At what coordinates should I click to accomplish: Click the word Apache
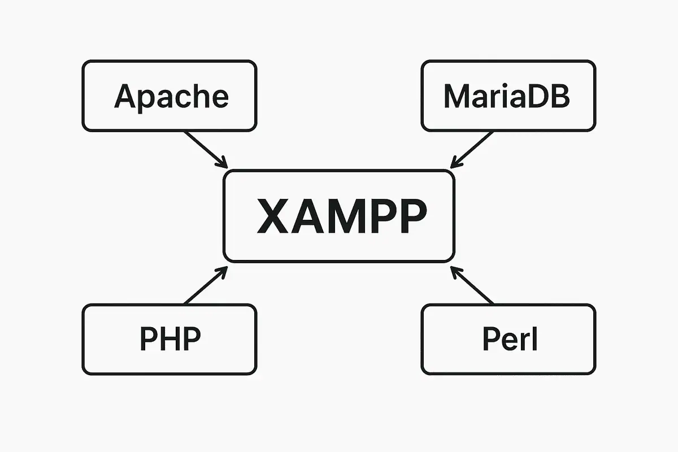(x=171, y=97)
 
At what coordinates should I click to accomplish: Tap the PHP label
(x=170, y=339)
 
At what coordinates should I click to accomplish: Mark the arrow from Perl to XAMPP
(x=472, y=287)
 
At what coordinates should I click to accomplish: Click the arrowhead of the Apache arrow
(x=223, y=163)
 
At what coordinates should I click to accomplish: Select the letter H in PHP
(x=169, y=339)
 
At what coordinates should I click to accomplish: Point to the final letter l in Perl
(x=534, y=339)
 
